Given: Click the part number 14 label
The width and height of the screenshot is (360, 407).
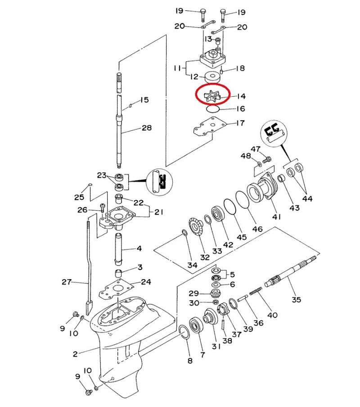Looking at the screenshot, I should (x=241, y=96).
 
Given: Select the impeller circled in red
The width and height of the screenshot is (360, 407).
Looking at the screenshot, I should (x=212, y=95).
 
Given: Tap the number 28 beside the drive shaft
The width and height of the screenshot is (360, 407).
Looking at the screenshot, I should (x=147, y=128).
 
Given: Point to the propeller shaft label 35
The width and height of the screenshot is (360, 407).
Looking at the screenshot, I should (x=296, y=299).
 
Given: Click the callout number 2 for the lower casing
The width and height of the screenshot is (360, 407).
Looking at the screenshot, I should (x=76, y=354).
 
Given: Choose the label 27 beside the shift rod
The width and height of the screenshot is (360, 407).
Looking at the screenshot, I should (x=67, y=282).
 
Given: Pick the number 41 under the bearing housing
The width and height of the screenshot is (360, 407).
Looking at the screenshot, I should (x=276, y=217).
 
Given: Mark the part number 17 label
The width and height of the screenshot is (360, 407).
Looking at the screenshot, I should (x=241, y=123).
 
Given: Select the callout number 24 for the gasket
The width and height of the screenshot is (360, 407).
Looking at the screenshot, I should (x=146, y=282).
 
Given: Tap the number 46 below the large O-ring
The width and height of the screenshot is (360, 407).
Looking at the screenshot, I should (x=257, y=229).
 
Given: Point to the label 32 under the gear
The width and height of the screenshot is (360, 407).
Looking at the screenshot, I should (x=205, y=258).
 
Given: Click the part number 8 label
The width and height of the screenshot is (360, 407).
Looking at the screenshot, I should (x=190, y=361).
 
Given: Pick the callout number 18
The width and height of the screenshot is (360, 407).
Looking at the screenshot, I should (x=240, y=68).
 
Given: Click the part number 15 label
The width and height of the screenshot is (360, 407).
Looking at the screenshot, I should (x=144, y=100).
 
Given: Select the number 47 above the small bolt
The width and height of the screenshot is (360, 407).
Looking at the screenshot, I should (x=256, y=149).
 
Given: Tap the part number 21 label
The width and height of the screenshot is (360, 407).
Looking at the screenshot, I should (x=159, y=212).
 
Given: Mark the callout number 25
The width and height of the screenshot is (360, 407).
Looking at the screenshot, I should (x=79, y=197).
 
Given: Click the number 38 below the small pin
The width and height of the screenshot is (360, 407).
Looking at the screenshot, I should (x=227, y=341).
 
